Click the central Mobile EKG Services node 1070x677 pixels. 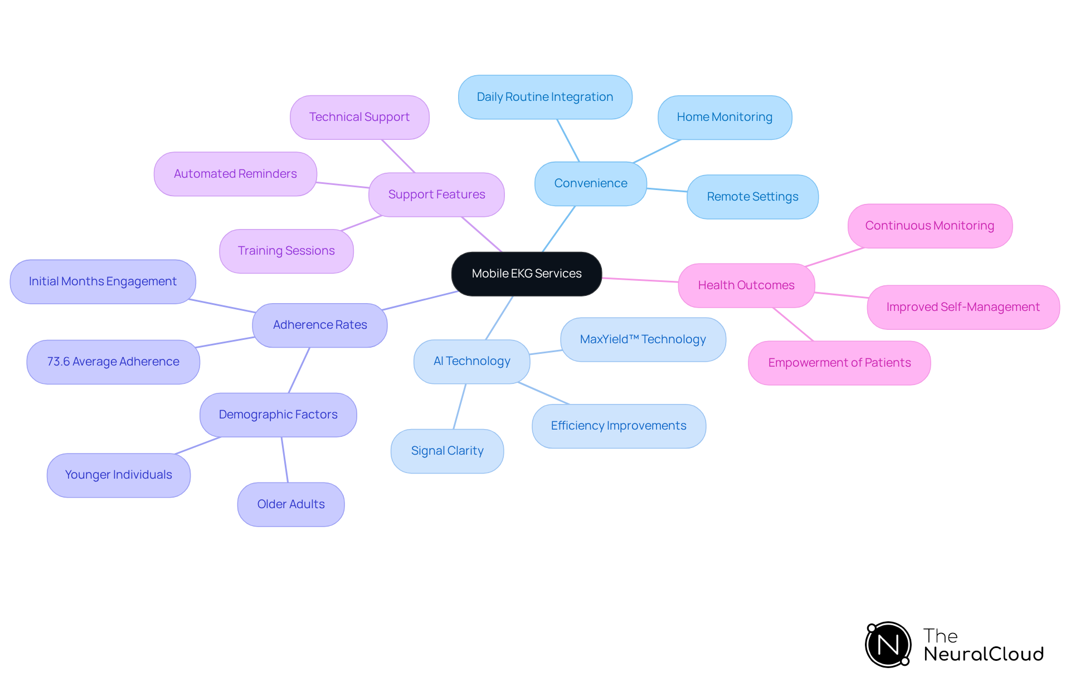tap(526, 274)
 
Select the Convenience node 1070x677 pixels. tap(590, 183)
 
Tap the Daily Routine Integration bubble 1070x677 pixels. tap(544, 97)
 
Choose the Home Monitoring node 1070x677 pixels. tap(724, 117)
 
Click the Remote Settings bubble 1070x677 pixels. tap(752, 197)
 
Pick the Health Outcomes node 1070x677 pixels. tap(746, 285)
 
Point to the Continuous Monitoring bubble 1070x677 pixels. tap(929, 226)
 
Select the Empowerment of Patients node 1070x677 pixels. tap(839, 363)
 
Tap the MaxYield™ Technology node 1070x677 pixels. tap(643, 339)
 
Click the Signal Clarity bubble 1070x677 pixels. tap(447, 451)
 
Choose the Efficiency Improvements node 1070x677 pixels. tap(618, 426)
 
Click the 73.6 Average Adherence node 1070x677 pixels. tap(113, 362)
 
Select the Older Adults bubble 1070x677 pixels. tap(290, 504)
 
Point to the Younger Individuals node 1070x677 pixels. tap(118, 475)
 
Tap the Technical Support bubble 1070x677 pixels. tap(359, 117)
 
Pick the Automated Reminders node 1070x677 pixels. tap(235, 174)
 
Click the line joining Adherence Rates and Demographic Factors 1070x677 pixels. tap(299, 370)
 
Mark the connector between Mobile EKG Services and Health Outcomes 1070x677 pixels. tap(640, 280)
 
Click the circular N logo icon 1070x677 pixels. tap(888, 645)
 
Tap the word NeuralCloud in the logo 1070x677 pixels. tap(983, 654)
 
